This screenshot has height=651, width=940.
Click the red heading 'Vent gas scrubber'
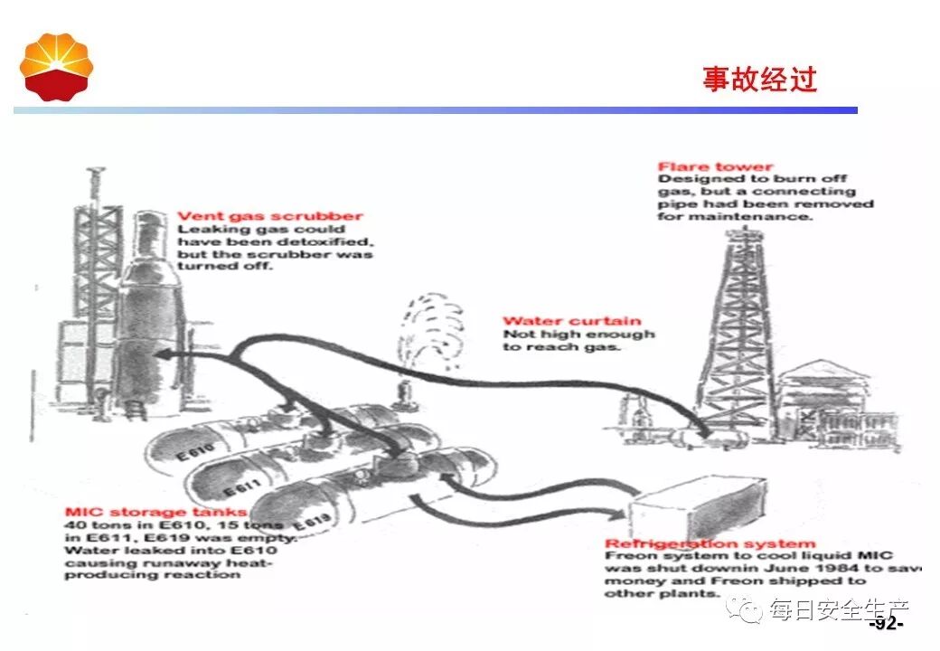coord(269,216)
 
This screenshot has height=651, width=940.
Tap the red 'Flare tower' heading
coord(715,166)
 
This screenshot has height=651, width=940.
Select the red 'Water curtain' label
coord(571,321)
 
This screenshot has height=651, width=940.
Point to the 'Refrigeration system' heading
coord(710,544)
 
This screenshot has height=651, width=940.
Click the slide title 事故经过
coord(759,80)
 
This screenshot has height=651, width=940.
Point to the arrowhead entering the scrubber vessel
coord(164,354)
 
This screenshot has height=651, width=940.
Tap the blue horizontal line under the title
coord(434,110)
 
